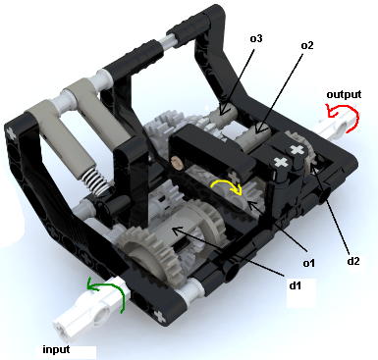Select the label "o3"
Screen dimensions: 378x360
(255, 39)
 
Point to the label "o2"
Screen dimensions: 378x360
(306, 46)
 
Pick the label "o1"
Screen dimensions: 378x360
(307, 262)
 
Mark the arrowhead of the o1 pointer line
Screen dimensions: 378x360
(244, 203)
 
